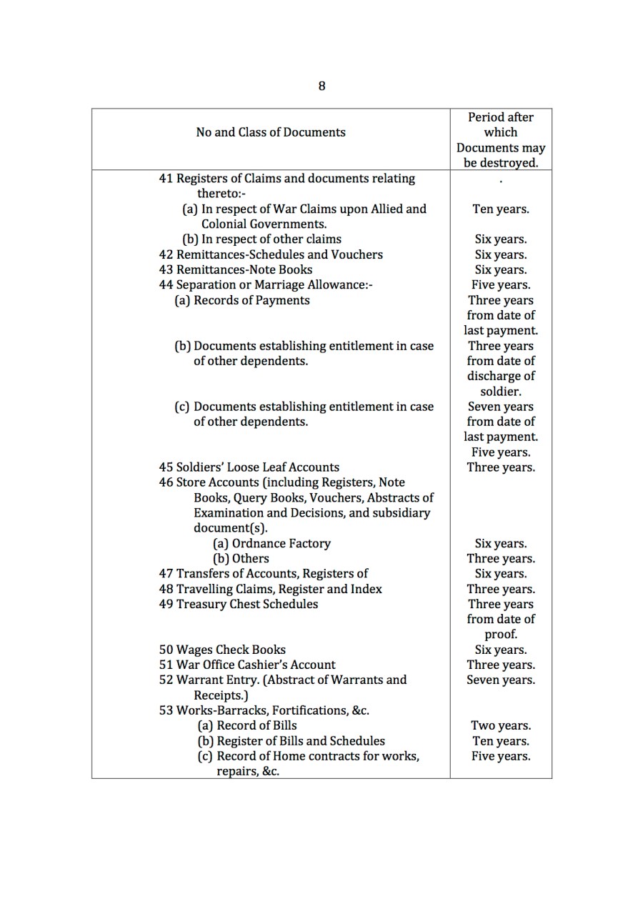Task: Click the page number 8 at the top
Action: click(321, 86)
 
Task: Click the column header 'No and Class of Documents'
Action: click(270, 132)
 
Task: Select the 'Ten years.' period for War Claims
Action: click(500, 209)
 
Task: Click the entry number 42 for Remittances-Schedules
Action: click(166, 255)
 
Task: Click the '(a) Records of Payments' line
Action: click(241, 300)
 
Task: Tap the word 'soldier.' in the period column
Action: click(500, 392)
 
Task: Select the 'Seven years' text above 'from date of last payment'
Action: click(500, 407)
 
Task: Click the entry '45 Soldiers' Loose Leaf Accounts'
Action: click(249, 467)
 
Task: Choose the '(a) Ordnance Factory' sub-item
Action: click(271, 543)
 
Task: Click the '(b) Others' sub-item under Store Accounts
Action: click(241, 559)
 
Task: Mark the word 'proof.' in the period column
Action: click(500, 635)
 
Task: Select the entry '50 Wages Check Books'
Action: click(221, 650)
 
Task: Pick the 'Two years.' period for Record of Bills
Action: click(500, 725)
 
